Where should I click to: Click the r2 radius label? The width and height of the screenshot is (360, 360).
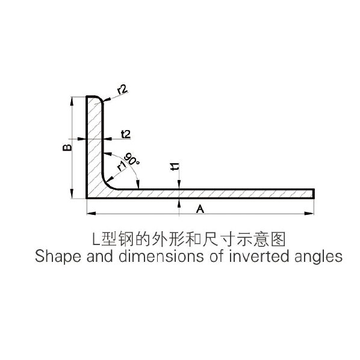(122, 90)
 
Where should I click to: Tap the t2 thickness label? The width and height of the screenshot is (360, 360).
(126, 134)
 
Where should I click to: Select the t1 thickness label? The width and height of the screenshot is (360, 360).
(175, 167)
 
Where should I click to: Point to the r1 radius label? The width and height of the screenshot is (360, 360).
(122, 166)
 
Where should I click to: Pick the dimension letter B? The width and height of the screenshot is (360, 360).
(67, 147)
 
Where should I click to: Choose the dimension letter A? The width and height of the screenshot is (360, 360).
(200, 209)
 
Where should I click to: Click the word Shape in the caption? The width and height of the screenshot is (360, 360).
(58, 256)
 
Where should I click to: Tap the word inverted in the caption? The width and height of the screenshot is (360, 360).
(259, 256)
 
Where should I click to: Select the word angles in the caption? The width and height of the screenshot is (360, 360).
(318, 257)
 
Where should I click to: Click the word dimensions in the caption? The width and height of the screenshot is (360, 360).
(161, 256)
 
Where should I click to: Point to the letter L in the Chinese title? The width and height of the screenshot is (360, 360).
(96, 239)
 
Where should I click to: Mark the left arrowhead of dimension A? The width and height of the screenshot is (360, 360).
(91, 214)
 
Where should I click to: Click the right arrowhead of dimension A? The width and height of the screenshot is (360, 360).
(309, 214)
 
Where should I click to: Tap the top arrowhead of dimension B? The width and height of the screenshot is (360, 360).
(72, 101)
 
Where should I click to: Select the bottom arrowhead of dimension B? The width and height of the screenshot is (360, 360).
(72, 194)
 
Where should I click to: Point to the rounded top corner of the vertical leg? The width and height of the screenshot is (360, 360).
(101, 99)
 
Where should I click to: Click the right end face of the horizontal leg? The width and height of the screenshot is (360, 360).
(314, 194)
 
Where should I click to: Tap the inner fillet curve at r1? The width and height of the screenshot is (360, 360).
(107, 184)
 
